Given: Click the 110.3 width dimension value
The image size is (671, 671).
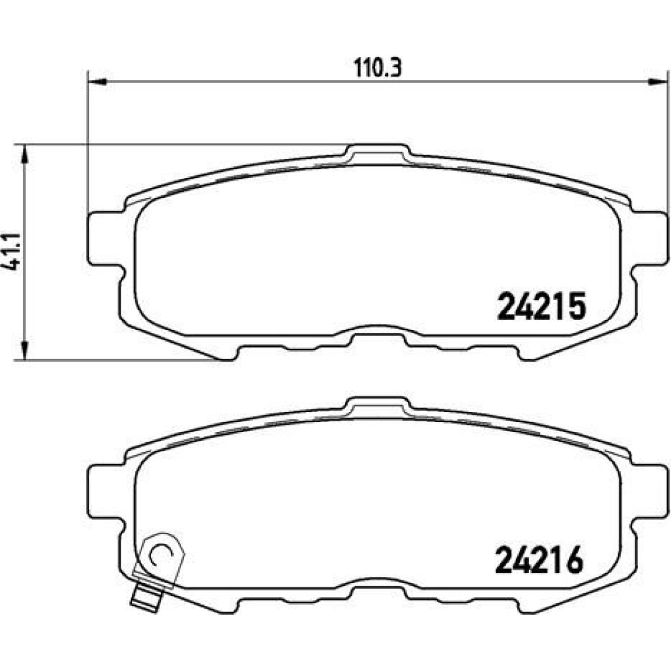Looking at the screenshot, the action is [x=378, y=67].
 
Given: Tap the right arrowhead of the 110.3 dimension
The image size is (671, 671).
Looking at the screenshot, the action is [x=658, y=81].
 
